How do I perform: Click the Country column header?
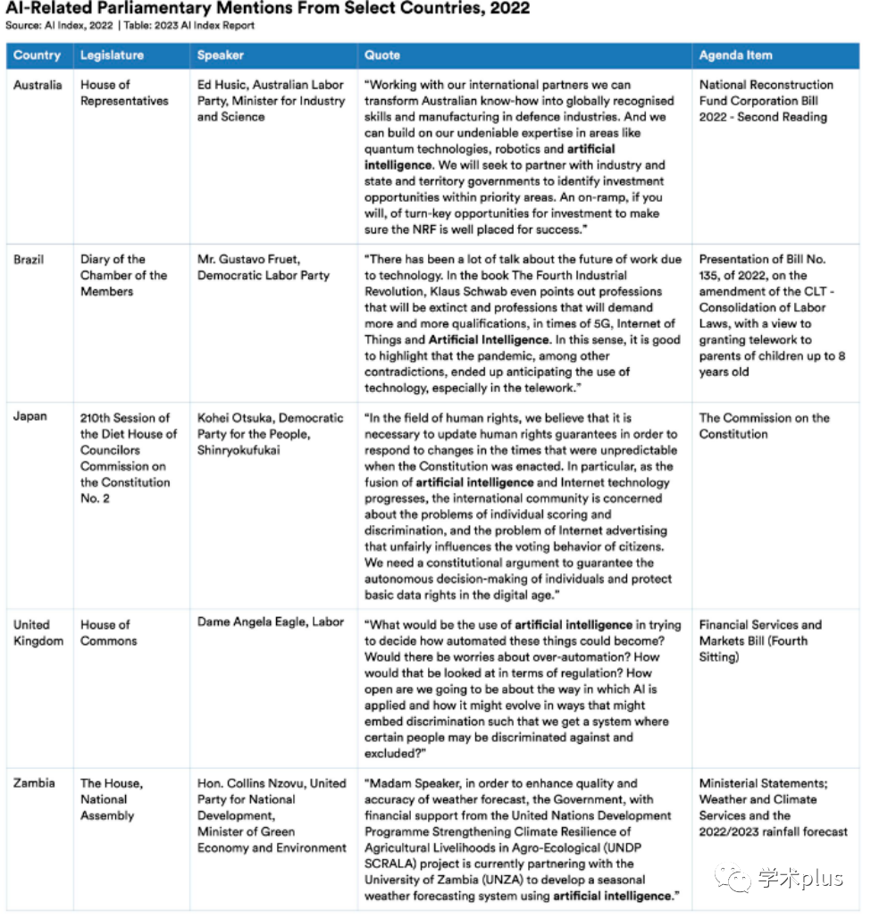point(37,55)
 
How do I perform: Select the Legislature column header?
point(112,55)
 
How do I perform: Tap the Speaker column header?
point(221,55)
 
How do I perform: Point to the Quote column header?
point(382,55)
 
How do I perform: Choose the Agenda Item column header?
point(735,55)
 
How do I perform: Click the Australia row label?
point(38,85)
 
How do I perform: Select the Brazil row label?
point(29,259)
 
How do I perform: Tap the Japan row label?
point(29,417)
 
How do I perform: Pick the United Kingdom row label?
point(38,632)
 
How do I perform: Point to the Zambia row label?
point(34,783)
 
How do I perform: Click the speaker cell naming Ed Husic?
point(271,100)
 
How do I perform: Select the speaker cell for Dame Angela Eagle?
point(271,622)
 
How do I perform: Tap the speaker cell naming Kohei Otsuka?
point(270,433)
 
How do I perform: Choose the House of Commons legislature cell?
point(108,632)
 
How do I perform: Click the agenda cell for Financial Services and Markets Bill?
point(759,640)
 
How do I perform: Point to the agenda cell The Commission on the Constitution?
point(764,425)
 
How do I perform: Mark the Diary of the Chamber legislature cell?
point(123,275)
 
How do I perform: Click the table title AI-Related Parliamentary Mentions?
point(268,9)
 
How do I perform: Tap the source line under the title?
point(130,25)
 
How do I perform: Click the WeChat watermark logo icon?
point(738,879)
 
